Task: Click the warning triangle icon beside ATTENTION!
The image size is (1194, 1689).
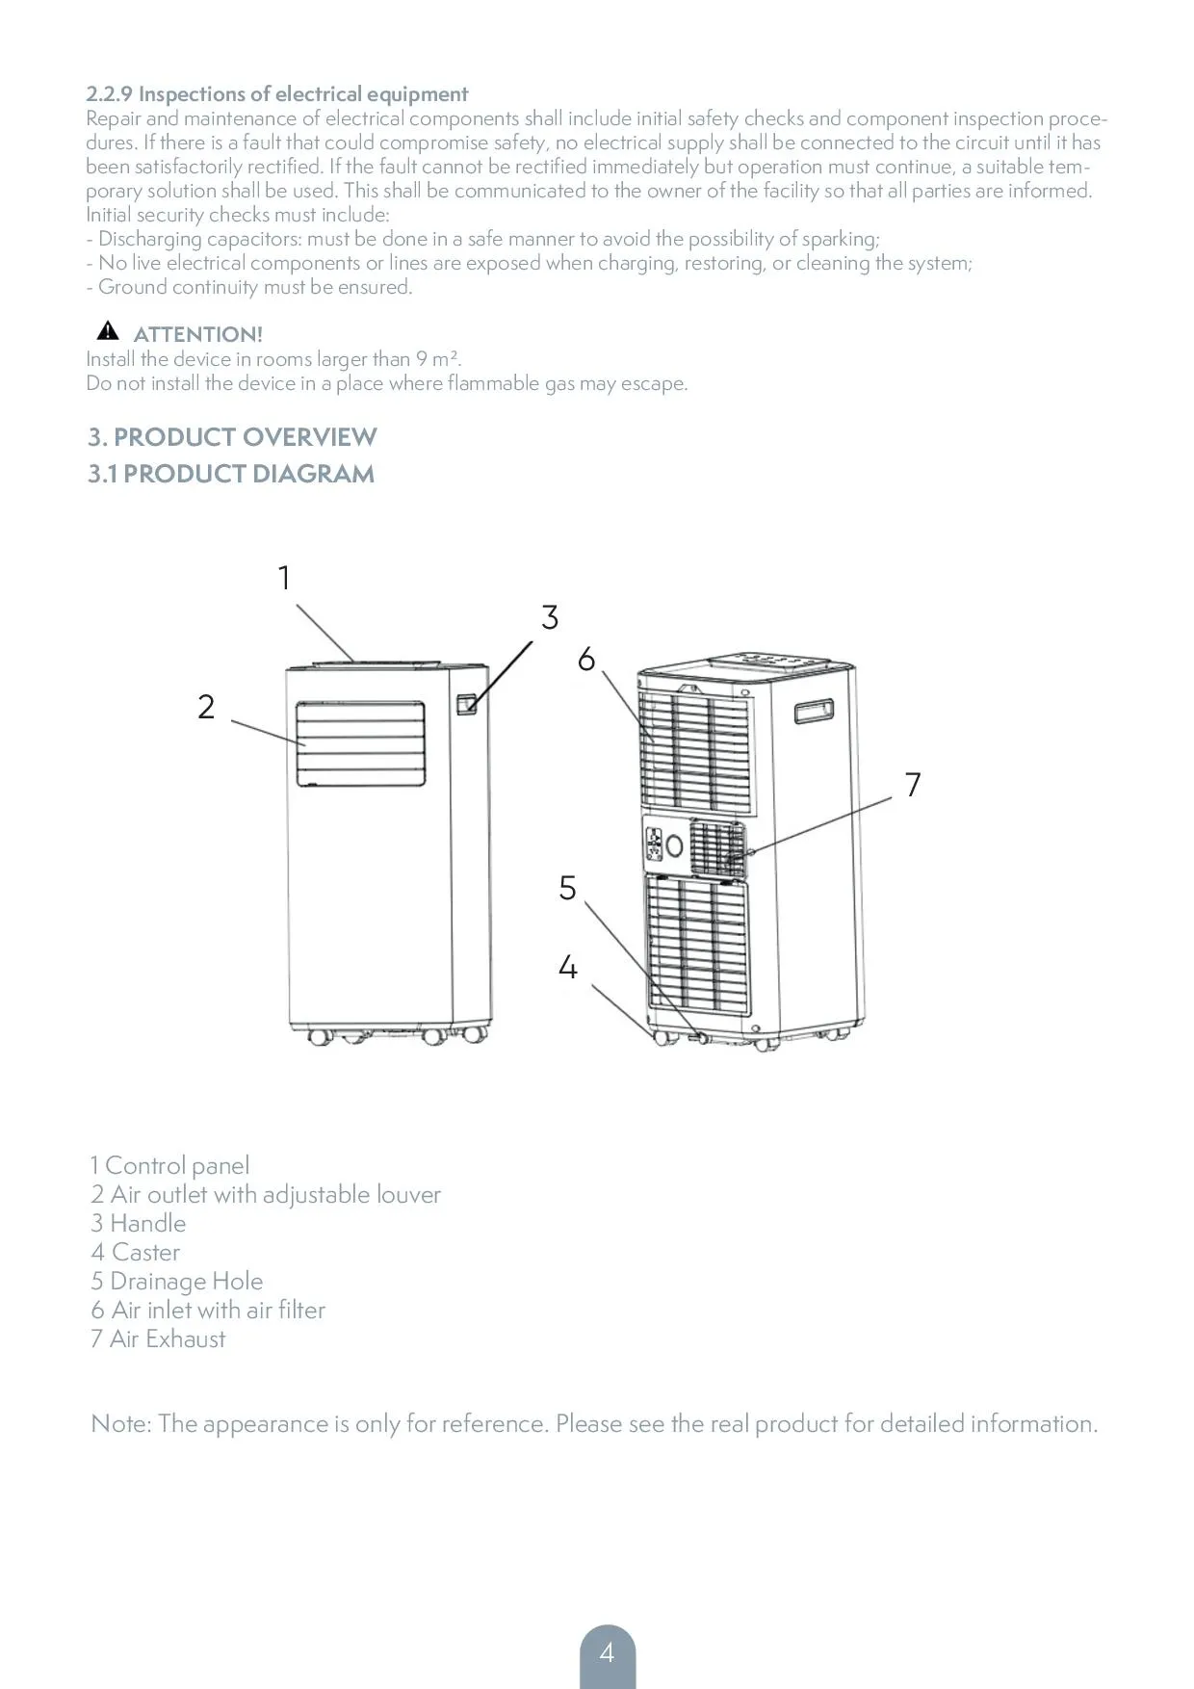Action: click(x=108, y=332)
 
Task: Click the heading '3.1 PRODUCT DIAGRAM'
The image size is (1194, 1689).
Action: click(x=231, y=474)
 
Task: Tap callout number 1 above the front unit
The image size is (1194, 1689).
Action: click(x=284, y=578)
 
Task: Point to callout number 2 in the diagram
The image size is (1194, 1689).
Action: click(x=206, y=707)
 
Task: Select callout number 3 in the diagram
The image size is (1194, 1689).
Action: click(x=550, y=617)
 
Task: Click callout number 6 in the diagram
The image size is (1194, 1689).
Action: click(x=586, y=660)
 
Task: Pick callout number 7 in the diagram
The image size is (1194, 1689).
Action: click(x=913, y=785)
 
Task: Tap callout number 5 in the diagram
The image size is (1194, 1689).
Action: click(x=568, y=888)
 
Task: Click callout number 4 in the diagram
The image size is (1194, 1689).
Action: click(x=568, y=967)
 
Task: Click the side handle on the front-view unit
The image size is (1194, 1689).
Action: click(x=467, y=704)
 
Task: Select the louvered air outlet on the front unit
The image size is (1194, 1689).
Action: click(x=360, y=744)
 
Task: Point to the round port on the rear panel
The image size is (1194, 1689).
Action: click(x=675, y=847)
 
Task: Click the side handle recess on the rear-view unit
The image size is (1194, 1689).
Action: click(x=815, y=711)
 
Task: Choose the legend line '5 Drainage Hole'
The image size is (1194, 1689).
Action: click(x=177, y=1282)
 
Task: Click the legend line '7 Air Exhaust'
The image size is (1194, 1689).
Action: click(x=158, y=1339)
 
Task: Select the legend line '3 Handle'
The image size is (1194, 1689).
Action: click(x=139, y=1224)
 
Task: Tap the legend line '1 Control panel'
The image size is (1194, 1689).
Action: click(x=169, y=1166)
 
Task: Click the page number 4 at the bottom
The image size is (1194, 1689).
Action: click(x=607, y=1653)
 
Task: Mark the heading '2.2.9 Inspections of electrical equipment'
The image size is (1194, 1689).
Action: click(x=277, y=94)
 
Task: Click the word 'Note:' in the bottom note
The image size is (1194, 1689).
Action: click(x=120, y=1424)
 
